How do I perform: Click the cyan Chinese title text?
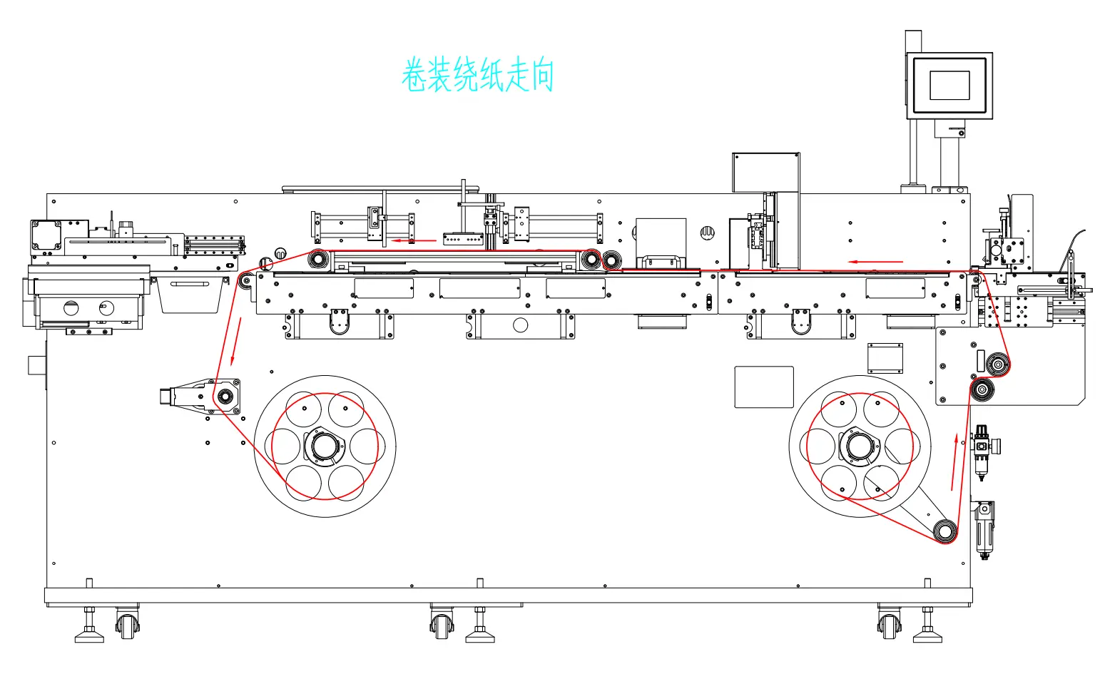coord(477,76)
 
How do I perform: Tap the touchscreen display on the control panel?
coord(949,85)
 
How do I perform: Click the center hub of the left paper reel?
coord(325,446)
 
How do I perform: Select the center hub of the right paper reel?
coord(859,446)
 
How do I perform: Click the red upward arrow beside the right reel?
coord(954,461)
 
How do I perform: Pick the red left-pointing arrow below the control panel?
coord(875,262)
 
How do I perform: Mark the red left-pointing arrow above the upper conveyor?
coord(414,240)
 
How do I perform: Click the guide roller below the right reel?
coord(946,531)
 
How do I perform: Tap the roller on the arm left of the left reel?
coord(225,396)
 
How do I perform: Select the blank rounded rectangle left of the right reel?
coord(764,387)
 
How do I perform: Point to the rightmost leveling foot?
coord(927,631)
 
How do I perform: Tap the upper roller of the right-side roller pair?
coord(998,365)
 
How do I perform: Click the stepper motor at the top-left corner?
coord(46,235)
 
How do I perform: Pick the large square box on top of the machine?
coord(765,172)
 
